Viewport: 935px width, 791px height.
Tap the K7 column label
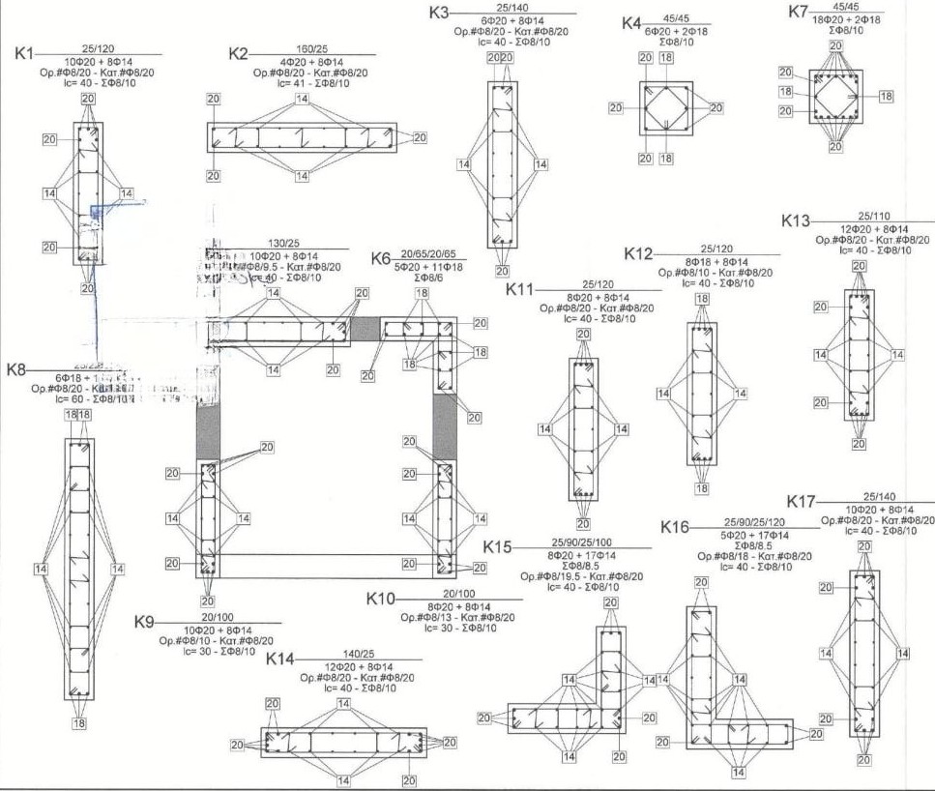click(x=799, y=12)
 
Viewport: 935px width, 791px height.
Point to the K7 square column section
click(x=836, y=95)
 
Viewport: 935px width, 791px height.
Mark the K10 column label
click(x=383, y=600)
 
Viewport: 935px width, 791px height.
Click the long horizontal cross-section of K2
click(x=303, y=137)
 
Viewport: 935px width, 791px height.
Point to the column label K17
click(x=804, y=502)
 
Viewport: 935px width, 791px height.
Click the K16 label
click(x=676, y=527)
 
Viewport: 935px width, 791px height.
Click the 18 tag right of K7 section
click(x=886, y=96)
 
